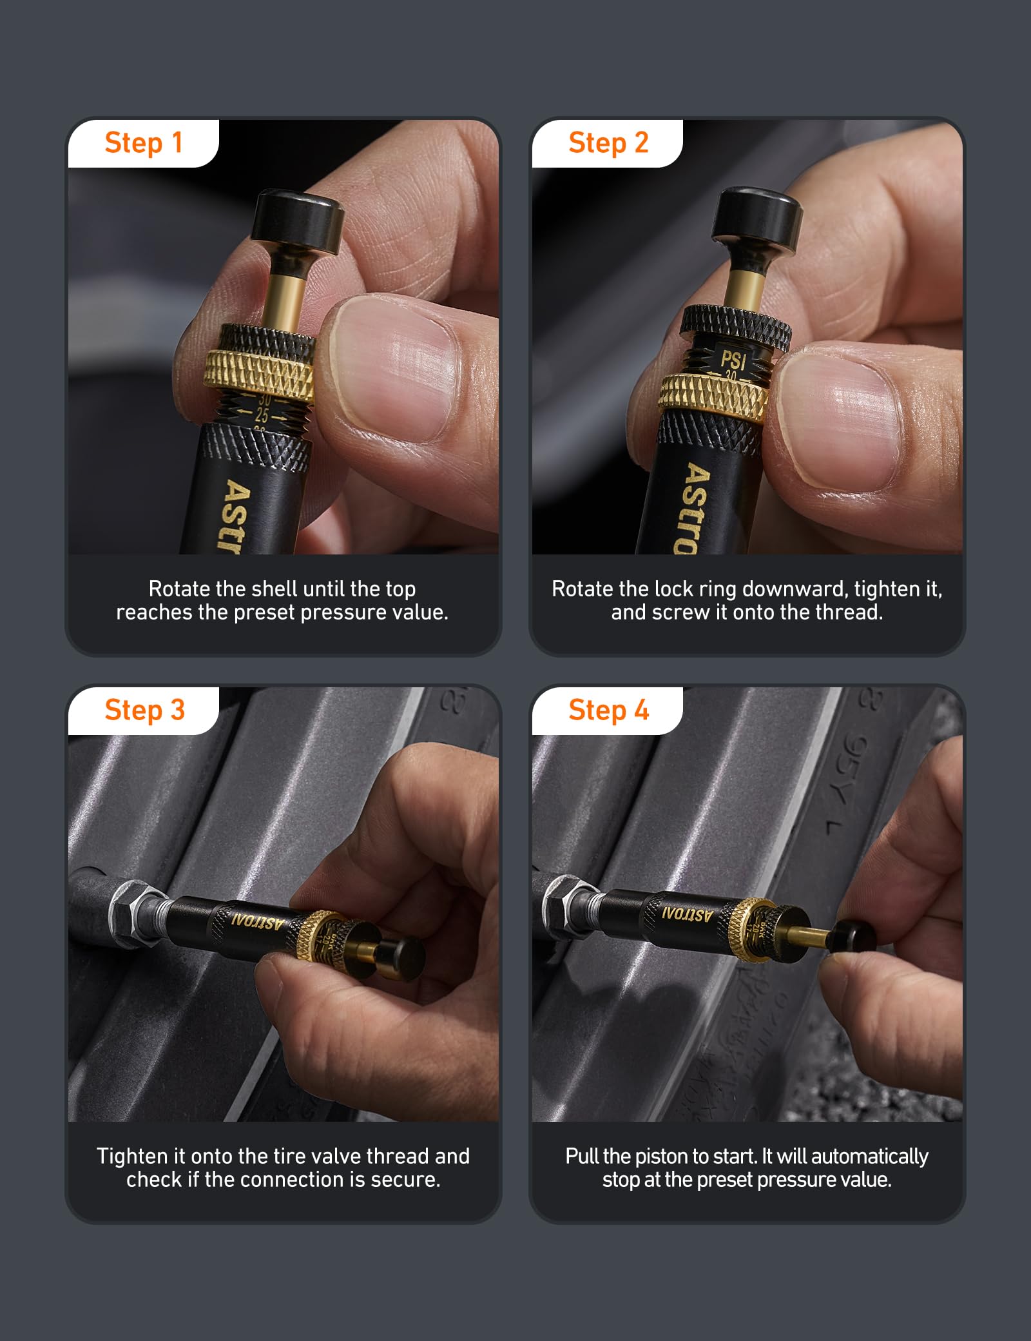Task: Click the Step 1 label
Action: pyautogui.click(x=144, y=143)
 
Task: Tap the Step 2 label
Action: pyautogui.click(x=608, y=143)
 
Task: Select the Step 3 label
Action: pyautogui.click(x=144, y=710)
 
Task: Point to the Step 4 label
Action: pyautogui.click(x=608, y=710)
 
